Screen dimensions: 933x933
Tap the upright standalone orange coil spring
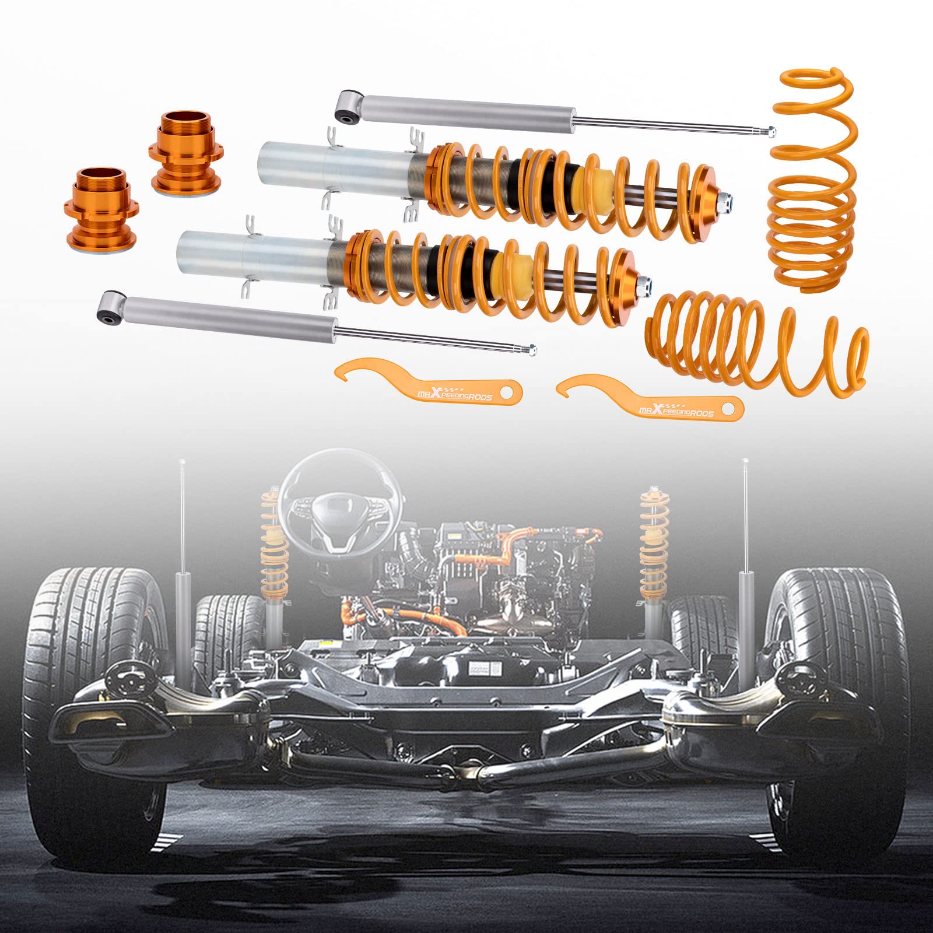tap(814, 181)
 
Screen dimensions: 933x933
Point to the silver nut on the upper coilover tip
tap(724, 200)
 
